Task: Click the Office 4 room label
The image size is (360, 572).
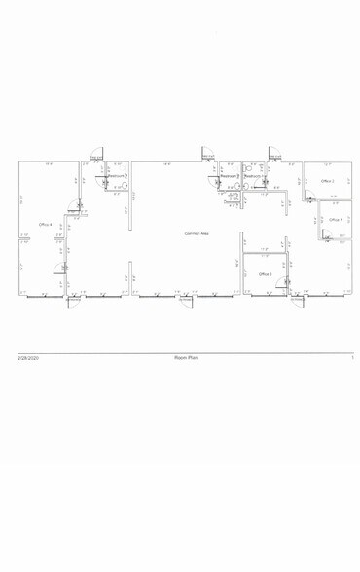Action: click(45, 224)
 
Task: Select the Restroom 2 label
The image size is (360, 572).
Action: click(229, 176)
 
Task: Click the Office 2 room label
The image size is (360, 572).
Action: click(328, 181)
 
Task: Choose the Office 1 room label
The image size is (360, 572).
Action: click(334, 220)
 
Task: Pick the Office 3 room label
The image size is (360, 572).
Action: click(265, 274)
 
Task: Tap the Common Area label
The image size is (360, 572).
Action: click(198, 233)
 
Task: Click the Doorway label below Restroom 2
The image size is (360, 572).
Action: click(232, 201)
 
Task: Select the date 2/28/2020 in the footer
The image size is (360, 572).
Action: click(27, 360)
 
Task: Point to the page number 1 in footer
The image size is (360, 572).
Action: click(350, 360)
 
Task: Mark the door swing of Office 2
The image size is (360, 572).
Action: click(308, 197)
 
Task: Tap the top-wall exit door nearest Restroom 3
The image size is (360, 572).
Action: click(96, 158)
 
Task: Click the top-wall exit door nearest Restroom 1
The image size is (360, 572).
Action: click(275, 158)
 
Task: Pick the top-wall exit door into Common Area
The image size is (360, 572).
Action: click(207, 157)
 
